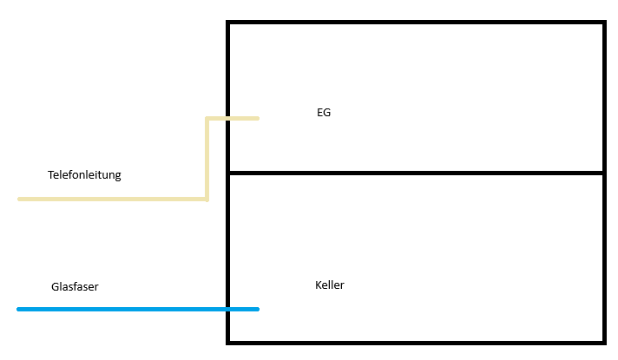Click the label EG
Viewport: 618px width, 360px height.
point(324,113)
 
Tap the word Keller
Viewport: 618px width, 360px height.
point(330,285)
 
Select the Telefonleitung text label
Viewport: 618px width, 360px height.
point(84,175)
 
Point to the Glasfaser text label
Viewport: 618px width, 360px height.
point(75,286)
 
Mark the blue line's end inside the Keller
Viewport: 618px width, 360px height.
point(257,309)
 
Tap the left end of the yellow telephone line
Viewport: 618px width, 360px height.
point(20,200)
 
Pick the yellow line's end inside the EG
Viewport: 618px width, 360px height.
point(257,118)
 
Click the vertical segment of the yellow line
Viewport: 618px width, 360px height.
point(207,159)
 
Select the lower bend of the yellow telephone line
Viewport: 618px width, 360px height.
point(207,199)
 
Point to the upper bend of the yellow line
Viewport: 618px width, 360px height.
point(207,118)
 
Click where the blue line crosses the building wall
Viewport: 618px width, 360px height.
point(228,309)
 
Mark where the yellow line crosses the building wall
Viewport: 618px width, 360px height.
point(228,118)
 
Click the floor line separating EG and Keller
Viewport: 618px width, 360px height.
point(417,173)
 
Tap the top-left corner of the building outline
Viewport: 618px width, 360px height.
point(228,23)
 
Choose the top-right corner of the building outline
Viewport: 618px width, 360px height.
point(603,23)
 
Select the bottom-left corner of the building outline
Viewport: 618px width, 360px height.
point(228,342)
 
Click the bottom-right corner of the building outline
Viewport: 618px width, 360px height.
point(603,342)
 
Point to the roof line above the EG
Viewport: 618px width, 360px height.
point(417,23)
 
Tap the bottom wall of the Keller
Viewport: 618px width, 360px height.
point(417,342)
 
